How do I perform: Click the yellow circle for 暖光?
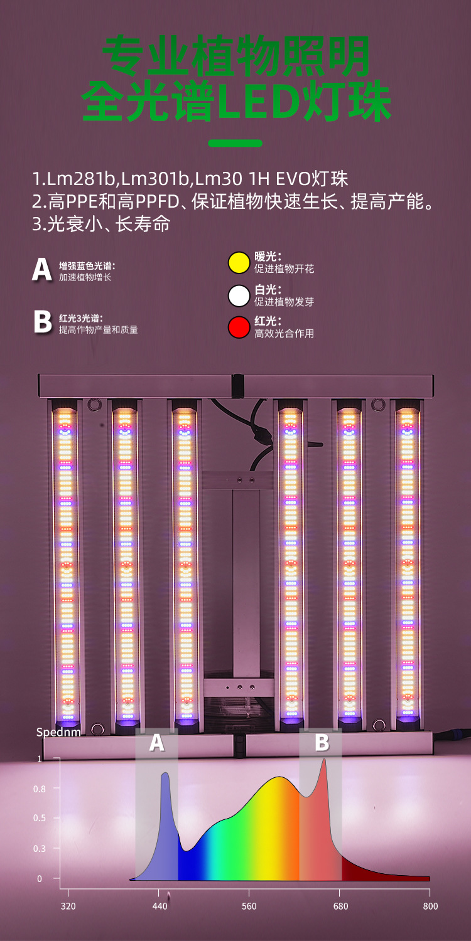[x=239, y=263]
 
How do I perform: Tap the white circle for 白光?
[x=239, y=295]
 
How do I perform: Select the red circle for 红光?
[x=239, y=327]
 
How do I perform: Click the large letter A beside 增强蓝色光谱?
[x=42, y=269]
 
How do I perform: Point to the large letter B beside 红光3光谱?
[x=42, y=322]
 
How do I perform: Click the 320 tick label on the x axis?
[x=68, y=906]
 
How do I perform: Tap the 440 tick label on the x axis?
[x=160, y=906]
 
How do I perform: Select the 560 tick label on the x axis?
[x=249, y=906]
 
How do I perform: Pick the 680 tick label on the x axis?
[x=340, y=906]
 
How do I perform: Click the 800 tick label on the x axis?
[x=430, y=906]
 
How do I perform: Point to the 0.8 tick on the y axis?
[x=39, y=789]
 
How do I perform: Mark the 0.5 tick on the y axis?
[x=39, y=818]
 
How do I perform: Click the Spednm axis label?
[x=58, y=732]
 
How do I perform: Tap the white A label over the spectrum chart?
[x=156, y=743]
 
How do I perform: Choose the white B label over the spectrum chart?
[x=322, y=743]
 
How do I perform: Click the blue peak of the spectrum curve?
[x=165, y=775]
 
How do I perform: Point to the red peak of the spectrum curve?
[x=324, y=760]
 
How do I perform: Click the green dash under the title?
[x=235, y=143]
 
